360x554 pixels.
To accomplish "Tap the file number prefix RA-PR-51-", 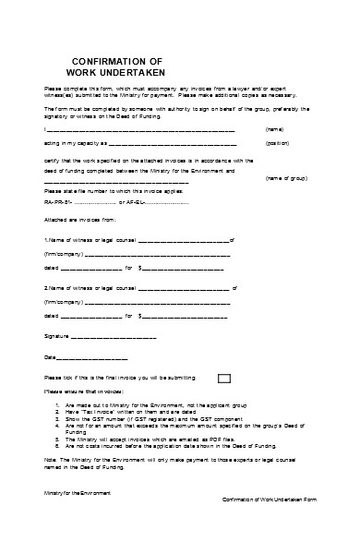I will coord(57,201).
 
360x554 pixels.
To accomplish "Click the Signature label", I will coord(56,337).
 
